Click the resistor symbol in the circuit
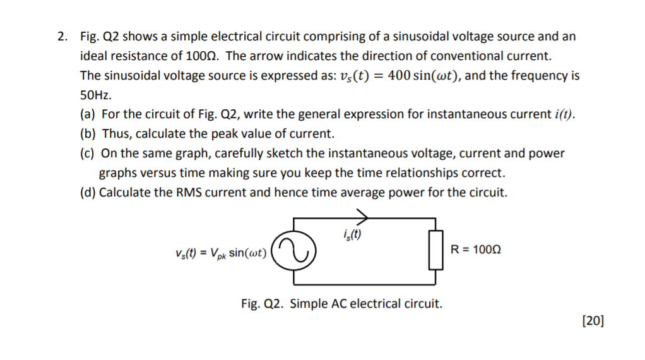pos(434,251)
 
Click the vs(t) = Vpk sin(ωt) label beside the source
pos(222,253)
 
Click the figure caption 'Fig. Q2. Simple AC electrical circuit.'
pos(341,304)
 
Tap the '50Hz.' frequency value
pos(96,96)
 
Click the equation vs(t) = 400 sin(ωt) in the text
pos(399,76)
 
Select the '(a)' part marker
pos(88,115)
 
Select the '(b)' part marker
pos(88,134)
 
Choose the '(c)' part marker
pos(88,153)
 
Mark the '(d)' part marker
pos(88,193)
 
